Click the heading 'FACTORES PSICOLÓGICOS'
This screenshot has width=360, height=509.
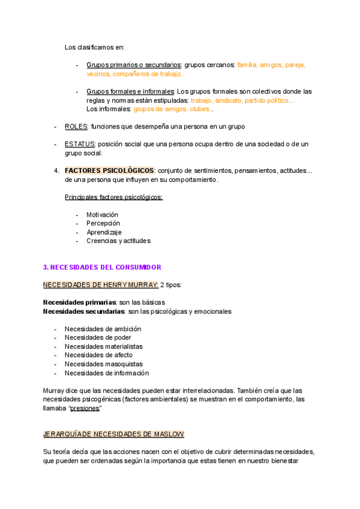coord(109,170)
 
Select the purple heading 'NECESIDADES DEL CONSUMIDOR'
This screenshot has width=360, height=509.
coord(103,267)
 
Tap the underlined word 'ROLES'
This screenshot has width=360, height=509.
coord(76,127)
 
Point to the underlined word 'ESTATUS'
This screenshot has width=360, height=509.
coord(79,144)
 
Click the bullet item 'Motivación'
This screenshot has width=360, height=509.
coord(102,214)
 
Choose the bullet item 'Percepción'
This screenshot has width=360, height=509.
coord(103,223)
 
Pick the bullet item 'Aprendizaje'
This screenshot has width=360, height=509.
coord(104,232)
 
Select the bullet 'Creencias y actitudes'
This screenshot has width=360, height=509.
coord(118,241)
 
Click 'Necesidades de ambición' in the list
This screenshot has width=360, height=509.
coord(103,329)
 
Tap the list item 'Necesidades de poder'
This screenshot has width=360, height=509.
coord(98,337)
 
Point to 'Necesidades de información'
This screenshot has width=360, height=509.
coord(107,373)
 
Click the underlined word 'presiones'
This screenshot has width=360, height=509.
coord(85,408)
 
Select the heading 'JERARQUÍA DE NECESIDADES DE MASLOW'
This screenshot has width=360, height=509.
coord(114,434)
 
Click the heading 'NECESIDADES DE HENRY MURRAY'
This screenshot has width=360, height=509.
coord(100,285)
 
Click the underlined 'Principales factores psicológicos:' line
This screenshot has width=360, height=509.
coord(113,197)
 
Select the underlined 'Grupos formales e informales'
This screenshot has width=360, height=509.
coord(130,91)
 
